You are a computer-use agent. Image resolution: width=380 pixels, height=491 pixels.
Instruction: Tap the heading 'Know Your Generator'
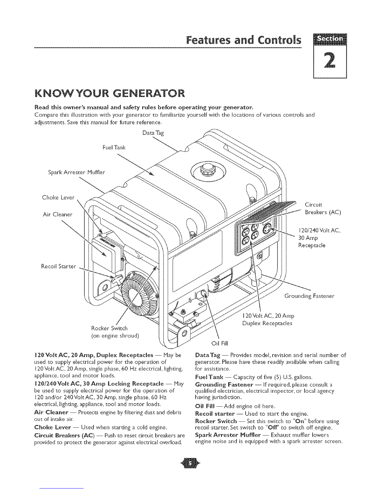(110, 94)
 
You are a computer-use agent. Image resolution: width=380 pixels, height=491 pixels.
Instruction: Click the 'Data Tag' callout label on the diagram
(153, 133)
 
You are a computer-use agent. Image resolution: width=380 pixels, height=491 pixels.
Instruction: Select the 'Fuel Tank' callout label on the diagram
(114, 148)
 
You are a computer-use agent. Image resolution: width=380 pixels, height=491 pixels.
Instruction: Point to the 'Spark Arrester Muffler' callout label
(76, 172)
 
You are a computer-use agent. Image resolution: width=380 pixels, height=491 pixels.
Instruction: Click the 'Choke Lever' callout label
(58, 197)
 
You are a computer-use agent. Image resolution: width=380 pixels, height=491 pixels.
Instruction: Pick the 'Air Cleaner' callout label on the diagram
(57, 215)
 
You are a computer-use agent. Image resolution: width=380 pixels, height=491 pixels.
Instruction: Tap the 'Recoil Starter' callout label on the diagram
(58, 266)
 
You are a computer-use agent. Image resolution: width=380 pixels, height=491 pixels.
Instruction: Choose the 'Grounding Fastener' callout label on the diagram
(310, 296)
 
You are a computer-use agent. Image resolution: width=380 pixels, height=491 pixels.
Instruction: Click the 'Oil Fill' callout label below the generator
(219, 343)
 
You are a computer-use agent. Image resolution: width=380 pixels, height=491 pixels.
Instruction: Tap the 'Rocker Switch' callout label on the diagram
(109, 328)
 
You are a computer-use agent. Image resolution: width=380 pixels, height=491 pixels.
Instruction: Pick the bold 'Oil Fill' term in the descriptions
(205, 406)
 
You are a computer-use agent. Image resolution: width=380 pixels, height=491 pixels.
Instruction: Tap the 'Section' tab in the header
(330, 39)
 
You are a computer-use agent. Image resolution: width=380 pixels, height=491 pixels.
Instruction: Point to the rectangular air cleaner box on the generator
(103, 254)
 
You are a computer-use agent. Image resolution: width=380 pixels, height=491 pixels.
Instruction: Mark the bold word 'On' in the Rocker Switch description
(299, 421)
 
